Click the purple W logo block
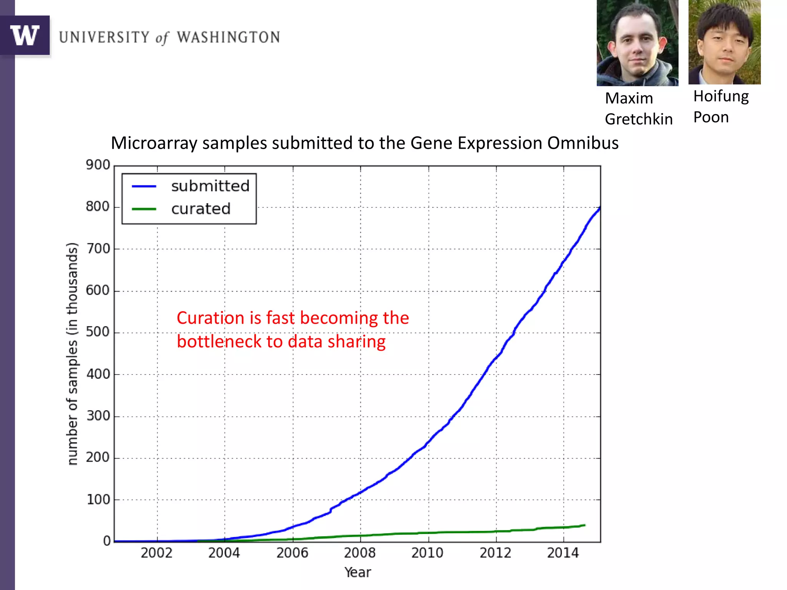click(x=25, y=35)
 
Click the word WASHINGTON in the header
click(x=228, y=37)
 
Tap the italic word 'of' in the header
click(x=162, y=38)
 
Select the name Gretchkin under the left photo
click(x=639, y=119)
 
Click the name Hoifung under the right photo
click(x=721, y=96)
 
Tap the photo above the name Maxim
click(x=637, y=43)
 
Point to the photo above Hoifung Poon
click(x=724, y=42)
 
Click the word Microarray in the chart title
click(x=154, y=143)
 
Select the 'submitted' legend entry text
click(x=210, y=186)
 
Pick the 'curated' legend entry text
click(x=201, y=209)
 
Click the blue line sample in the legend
click(x=144, y=186)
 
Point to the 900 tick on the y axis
click(x=98, y=165)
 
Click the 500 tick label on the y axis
click(x=98, y=332)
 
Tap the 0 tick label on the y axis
click(x=107, y=541)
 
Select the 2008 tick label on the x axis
click(x=360, y=553)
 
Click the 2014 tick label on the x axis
click(x=563, y=553)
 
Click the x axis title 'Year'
click(x=358, y=572)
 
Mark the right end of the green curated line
click(x=584, y=525)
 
